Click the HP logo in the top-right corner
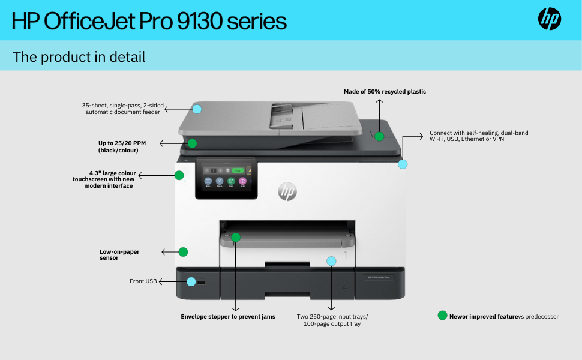pyautogui.click(x=549, y=19)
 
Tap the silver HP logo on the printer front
pyautogui.click(x=287, y=191)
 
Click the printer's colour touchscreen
pyautogui.click(x=227, y=178)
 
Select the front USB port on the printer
pyautogui.click(x=200, y=281)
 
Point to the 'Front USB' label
pyautogui.click(x=143, y=281)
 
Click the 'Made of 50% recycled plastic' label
pyautogui.click(x=385, y=92)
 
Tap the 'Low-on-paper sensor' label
pyautogui.click(x=119, y=254)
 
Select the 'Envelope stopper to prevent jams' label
pyautogui.click(x=228, y=316)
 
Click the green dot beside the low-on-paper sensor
pyautogui.click(x=184, y=252)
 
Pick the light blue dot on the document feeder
pyautogui.click(x=197, y=109)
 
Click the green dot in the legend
pyautogui.click(x=443, y=316)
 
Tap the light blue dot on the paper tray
pyautogui.click(x=331, y=261)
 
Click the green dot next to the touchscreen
pyautogui.click(x=179, y=175)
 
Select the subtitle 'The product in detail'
pyautogui.click(x=79, y=57)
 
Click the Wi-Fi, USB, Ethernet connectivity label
pyautogui.click(x=479, y=136)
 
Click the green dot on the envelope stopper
pyautogui.click(x=236, y=237)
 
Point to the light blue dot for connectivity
pyautogui.click(x=403, y=164)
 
